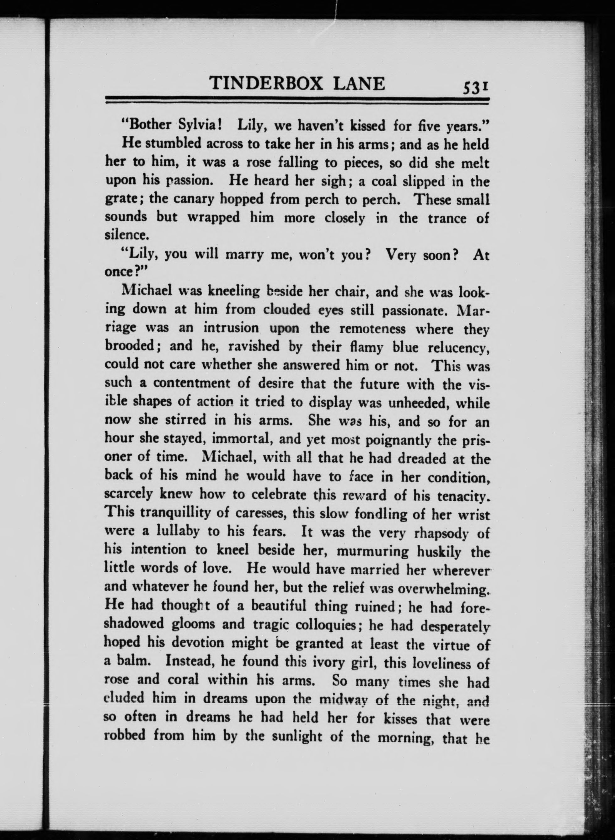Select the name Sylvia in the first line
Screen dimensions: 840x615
tap(198, 126)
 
